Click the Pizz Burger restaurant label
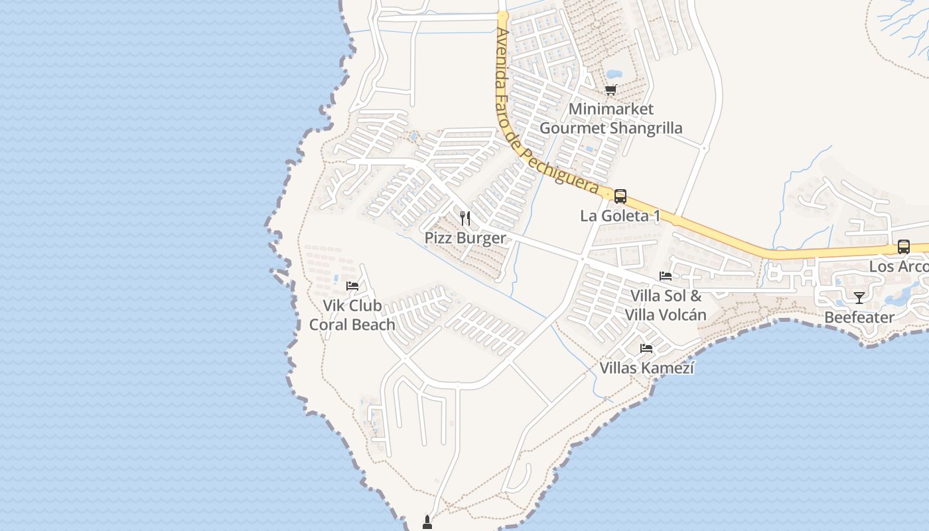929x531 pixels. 464,238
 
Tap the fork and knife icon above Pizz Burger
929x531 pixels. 465,218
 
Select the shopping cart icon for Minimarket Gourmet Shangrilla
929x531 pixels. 610,90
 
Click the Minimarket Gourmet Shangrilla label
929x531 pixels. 610,118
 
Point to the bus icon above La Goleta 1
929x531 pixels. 620,196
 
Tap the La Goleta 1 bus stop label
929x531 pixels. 620,216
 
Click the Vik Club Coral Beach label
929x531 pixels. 352,315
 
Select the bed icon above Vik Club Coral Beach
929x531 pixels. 352,285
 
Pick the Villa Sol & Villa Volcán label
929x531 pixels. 666,305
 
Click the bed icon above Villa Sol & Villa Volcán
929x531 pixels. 666,276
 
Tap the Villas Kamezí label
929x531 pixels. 646,368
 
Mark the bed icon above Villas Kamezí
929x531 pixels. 646,348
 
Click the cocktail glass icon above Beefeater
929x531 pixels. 859,297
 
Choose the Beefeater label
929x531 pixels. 859,317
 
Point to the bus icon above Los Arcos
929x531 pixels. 903,247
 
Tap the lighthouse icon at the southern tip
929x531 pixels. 427,523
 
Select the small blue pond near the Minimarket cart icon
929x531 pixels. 614,73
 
